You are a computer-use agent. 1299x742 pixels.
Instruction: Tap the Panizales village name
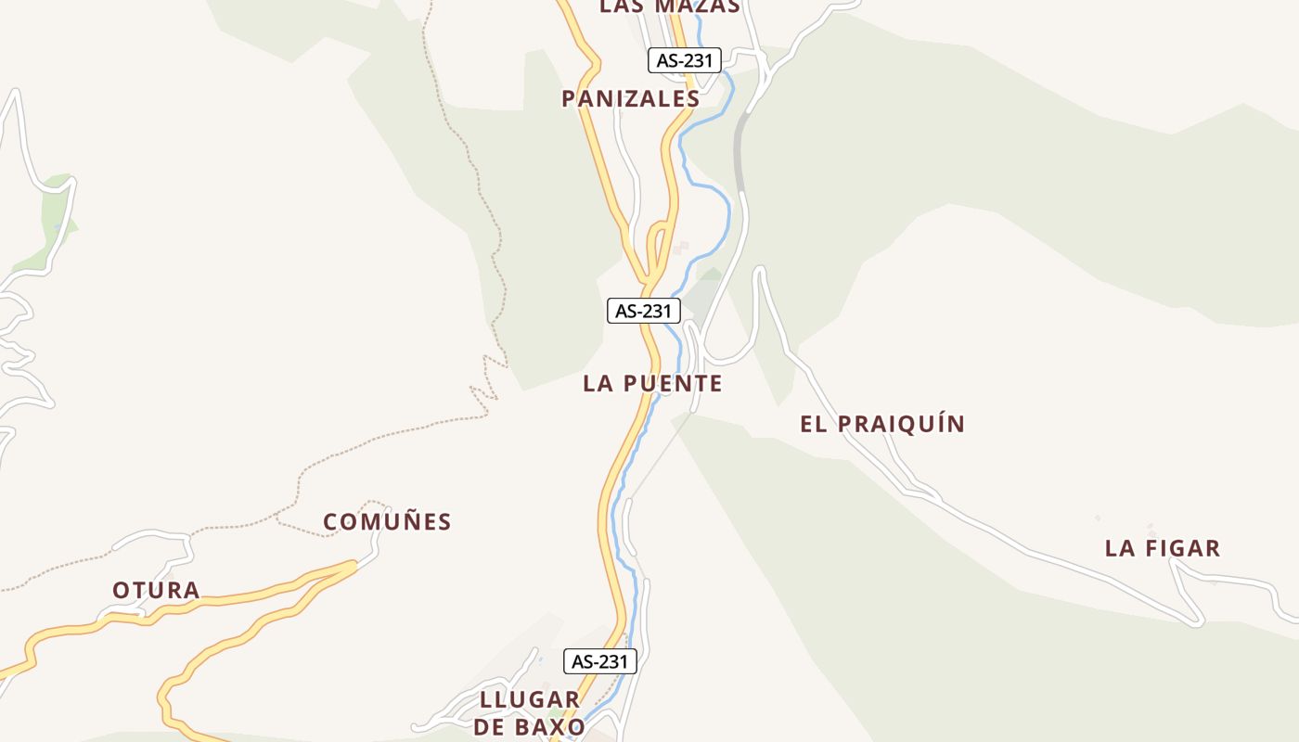[630, 98]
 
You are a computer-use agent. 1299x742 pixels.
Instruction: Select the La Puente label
[652, 383]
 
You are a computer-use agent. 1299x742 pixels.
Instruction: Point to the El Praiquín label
[882, 424]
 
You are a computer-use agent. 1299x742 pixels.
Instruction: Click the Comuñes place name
[387, 522]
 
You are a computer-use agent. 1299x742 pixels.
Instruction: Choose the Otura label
[156, 590]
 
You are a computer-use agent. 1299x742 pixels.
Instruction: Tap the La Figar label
[1162, 548]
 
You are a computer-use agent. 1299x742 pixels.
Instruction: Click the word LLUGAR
[530, 699]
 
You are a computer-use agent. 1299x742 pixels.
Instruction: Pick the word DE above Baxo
[489, 726]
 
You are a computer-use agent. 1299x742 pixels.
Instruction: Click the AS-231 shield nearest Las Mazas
[684, 61]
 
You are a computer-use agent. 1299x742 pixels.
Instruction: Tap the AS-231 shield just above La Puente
[643, 311]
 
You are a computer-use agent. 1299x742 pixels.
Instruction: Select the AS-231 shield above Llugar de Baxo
[600, 661]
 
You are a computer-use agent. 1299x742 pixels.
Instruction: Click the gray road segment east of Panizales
[740, 153]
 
